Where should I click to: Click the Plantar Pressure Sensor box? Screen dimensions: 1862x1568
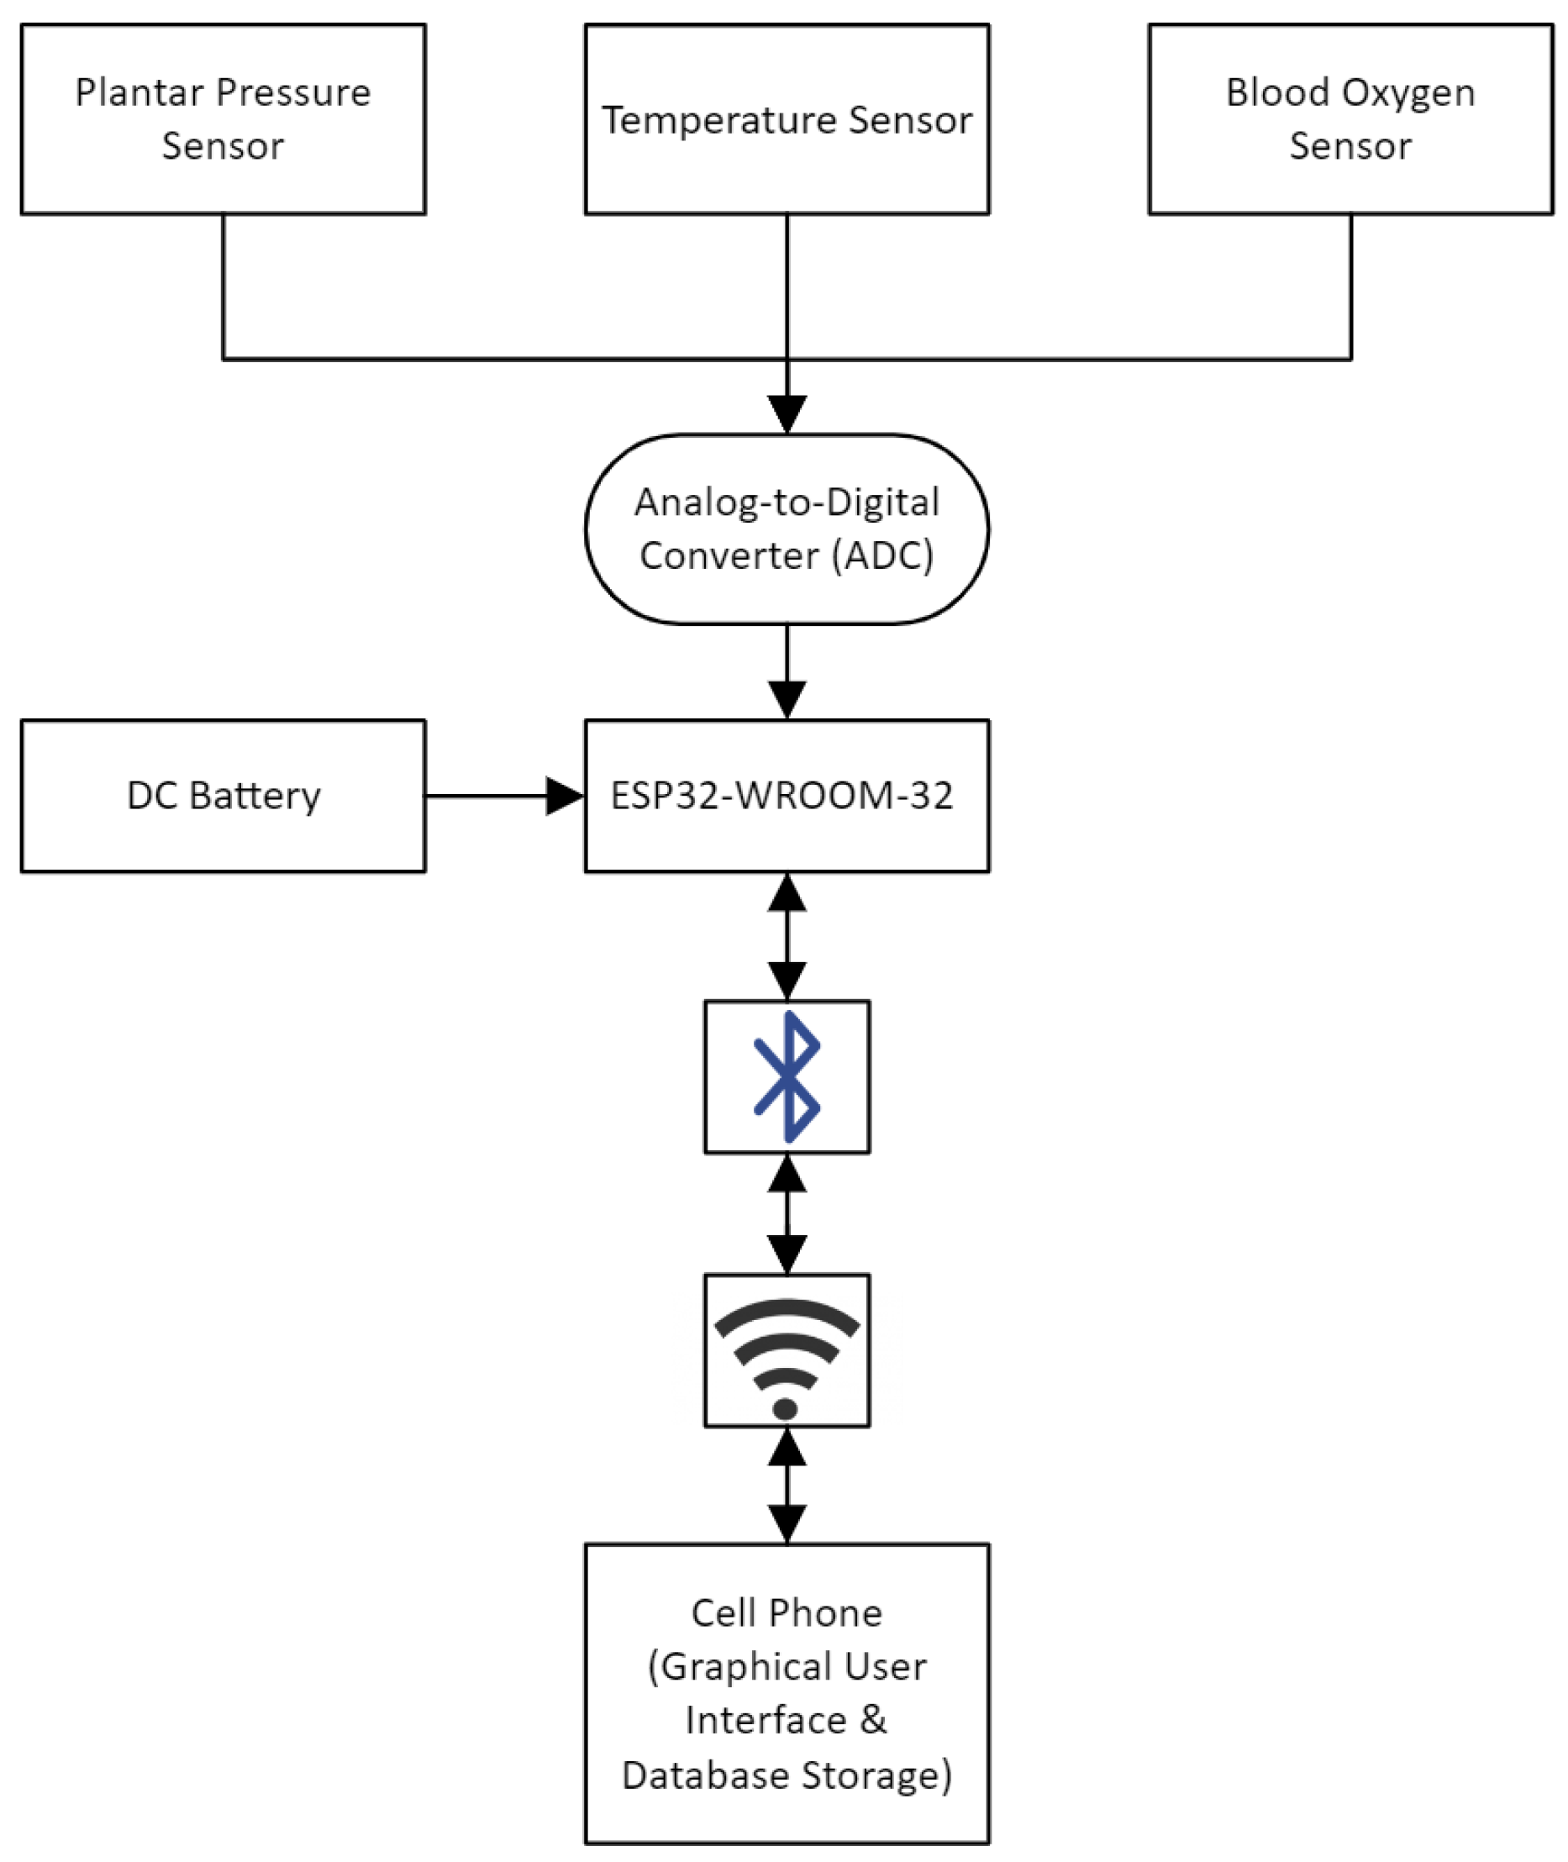tap(224, 118)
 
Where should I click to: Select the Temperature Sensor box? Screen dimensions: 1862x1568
tap(787, 118)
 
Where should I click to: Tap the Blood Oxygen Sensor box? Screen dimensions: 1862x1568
tap(1350, 118)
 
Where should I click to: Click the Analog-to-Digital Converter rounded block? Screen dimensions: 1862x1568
tap(787, 529)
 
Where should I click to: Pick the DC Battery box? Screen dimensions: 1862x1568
tap(224, 796)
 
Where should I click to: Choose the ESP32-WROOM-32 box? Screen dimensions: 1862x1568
tap(787, 796)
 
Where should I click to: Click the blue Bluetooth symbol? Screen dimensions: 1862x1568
tap(787, 1076)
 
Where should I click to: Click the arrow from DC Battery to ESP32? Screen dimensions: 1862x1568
tap(503, 796)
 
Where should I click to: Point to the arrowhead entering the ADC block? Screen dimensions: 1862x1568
tap(787, 414)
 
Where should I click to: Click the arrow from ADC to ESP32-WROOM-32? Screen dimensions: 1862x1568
tap(787, 671)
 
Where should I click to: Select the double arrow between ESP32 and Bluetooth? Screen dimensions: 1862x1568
tap(787, 936)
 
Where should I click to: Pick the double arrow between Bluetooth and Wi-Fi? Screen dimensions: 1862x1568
tap(787, 1213)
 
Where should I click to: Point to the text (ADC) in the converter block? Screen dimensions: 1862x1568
tap(882, 556)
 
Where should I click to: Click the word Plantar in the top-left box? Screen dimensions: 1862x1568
tap(139, 92)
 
